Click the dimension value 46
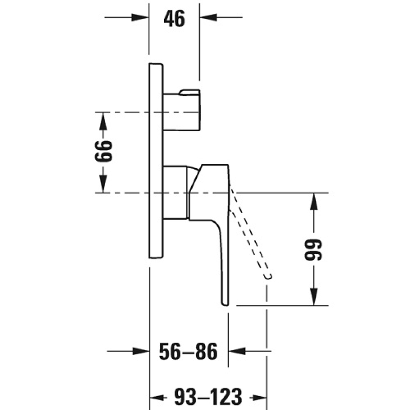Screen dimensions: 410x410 tap(174, 18)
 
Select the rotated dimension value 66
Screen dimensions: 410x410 tap(104, 151)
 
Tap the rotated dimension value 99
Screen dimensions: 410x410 tap(314, 250)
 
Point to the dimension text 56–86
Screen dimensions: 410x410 tap(188, 352)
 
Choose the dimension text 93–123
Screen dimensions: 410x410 tap(208, 397)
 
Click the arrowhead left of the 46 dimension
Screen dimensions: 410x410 tap(140, 17)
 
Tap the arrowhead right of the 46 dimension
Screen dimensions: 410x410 tap(209, 17)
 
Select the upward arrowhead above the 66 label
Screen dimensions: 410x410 tap(104, 121)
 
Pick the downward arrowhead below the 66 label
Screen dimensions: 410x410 tap(104, 184)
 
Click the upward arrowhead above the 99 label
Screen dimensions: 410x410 tap(314, 201)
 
